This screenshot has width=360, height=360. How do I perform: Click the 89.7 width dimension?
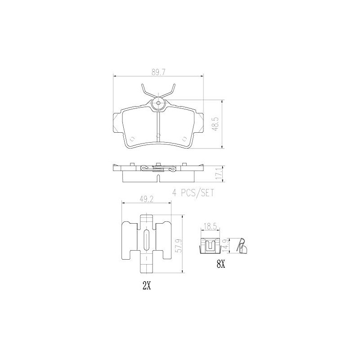coord(159,72)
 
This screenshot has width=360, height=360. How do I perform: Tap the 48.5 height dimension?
coord(216,124)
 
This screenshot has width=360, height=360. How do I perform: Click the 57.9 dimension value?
coord(178,246)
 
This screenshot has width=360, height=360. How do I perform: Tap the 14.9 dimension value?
coord(225,246)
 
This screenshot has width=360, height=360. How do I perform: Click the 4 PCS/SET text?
coord(193,193)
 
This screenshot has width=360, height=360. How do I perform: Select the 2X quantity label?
coord(147,286)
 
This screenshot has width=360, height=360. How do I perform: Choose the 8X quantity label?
coord(220,265)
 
